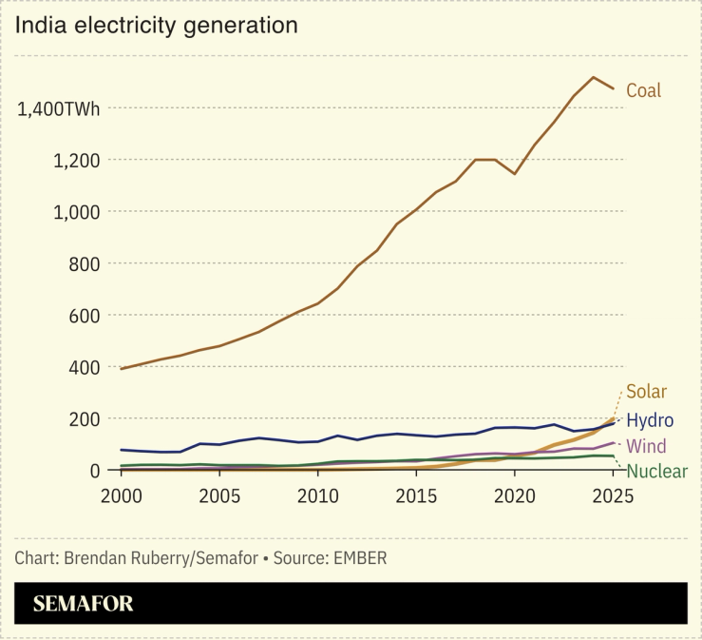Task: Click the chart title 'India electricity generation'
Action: pyautogui.click(x=156, y=26)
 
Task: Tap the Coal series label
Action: pyautogui.click(x=643, y=91)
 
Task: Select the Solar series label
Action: pyautogui.click(x=646, y=392)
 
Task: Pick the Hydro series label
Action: pyautogui.click(x=650, y=420)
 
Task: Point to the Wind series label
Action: pyautogui.click(x=646, y=446)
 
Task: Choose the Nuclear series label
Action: pyautogui.click(x=656, y=472)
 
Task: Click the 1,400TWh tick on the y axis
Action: pyautogui.click(x=59, y=108)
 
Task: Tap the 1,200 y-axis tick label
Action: pyautogui.click(x=75, y=160)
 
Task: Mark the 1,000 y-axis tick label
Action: pyautogui.click(x=75, y=212)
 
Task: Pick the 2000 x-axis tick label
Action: pyautogui.click(x=121, y=495)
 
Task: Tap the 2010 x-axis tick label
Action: pyautogui.click(x=317, y=495)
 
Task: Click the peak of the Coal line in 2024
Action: pyautogui.click(x=593, y=77)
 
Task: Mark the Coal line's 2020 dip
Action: pyautogui.click(x=514, y=173)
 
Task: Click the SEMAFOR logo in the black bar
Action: pyautogui.click(x=84, y=604)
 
